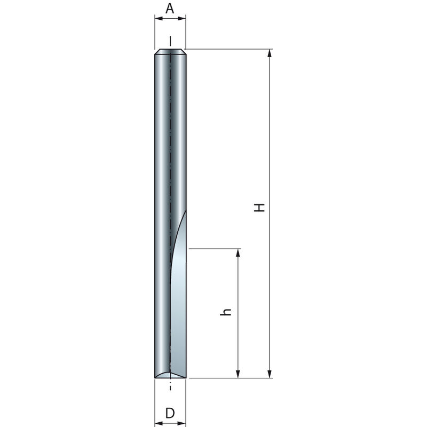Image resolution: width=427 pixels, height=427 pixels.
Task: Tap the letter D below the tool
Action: pyautogui.click(x=170, y=413)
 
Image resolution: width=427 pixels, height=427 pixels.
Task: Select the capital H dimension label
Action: pyautogui.click(x=259, y=208)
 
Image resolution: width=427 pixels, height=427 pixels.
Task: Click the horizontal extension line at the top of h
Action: pyautogui.click(x=213, y=248)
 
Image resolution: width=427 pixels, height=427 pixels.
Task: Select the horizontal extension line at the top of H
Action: pyautogui.click(x=230, y=50)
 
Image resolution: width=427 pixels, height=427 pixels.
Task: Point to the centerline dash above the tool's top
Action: pyautogui.click(x=170, y=41)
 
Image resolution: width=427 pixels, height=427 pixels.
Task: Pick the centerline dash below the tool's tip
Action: pyautogui.click(x=170, y=388)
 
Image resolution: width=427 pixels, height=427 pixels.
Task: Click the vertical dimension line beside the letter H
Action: pyautogui.click(x=270, y=133)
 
